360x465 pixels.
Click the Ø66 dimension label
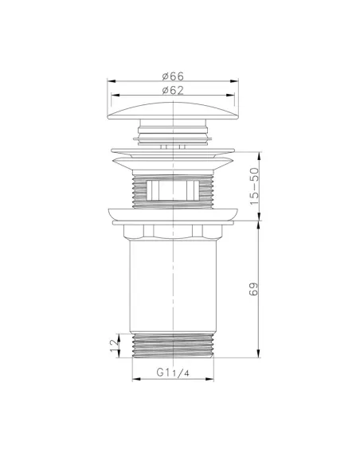pyautogui.click(x=173, y=75)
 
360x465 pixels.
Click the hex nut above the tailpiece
pyautogui.click(x=174, y=230)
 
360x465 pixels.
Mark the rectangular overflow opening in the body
pyautogui.click(x=174, y=190)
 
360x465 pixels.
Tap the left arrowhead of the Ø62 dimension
pyautogui.click(x=114, y=96)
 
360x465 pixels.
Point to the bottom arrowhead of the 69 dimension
pyautogui.click(x=261, y=354)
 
